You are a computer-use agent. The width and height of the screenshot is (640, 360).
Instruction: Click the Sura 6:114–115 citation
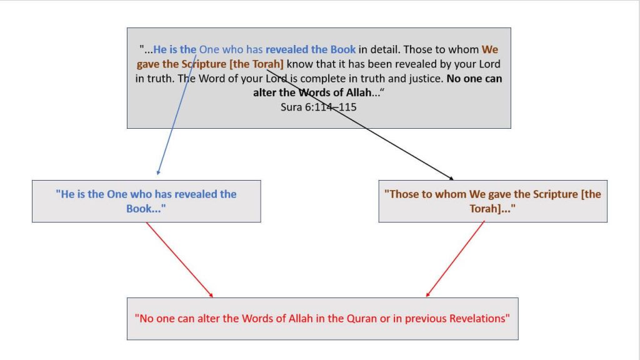point(318,107)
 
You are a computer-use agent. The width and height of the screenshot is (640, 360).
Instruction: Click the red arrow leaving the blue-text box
point(179,259)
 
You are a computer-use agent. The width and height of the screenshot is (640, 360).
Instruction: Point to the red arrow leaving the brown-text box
point(455,259)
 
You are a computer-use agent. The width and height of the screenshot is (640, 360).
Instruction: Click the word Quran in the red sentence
point(362,318)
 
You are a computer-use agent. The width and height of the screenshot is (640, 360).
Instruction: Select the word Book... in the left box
point(146,209)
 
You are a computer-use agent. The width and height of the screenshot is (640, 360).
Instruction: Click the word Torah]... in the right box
point(492,209)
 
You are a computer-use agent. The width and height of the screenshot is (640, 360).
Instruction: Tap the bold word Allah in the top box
point(359,92)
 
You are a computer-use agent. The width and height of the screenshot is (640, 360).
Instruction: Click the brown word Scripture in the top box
point(204,64)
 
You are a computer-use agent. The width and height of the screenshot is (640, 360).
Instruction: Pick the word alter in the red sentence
point(209,318)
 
